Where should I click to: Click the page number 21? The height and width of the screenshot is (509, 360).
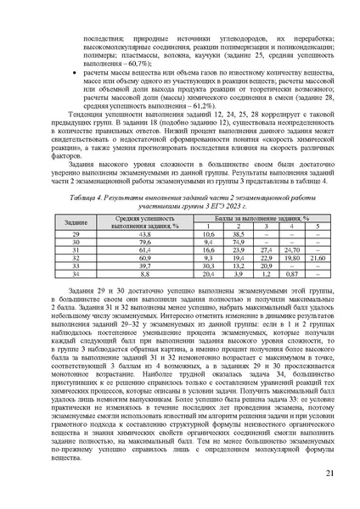327,476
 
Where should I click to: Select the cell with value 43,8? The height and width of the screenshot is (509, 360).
145,233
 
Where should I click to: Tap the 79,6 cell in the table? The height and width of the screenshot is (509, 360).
145,242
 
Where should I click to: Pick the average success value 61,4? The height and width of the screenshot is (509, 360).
145,250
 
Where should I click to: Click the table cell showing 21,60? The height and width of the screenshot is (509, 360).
317,259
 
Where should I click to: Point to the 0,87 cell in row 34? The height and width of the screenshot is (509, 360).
290,276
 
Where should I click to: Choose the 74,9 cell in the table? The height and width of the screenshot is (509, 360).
239,242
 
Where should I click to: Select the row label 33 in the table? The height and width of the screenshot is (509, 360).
74,267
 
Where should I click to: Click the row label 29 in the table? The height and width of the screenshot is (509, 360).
74,233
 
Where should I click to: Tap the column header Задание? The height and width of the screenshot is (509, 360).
74,221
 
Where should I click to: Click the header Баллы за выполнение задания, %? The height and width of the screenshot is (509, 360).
264,217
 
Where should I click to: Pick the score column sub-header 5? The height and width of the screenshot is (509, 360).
317,226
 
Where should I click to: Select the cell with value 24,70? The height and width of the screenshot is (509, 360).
290,250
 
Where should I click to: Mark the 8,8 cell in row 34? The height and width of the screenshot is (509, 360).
145,276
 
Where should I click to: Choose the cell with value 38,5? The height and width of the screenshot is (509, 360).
239,233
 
